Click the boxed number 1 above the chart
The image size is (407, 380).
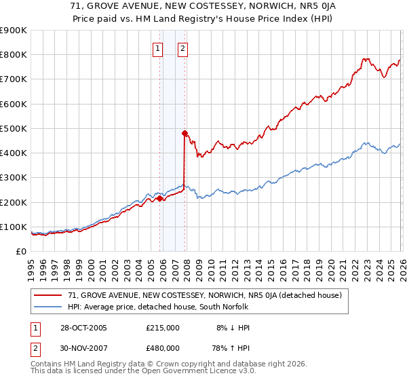(x=157, y=48)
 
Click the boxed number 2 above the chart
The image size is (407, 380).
(x=183, y=48)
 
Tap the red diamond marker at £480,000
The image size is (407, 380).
(x=185, y=133)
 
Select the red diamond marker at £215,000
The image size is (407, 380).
(x=160, y=198)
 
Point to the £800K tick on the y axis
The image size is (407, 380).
(x=14, y=54)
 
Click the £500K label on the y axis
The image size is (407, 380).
(x=14, y=128)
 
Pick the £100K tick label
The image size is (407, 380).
(x=14, y=227)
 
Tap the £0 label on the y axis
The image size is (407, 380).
(x=20, y=251)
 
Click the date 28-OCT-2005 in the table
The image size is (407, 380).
(x=79, y=328)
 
